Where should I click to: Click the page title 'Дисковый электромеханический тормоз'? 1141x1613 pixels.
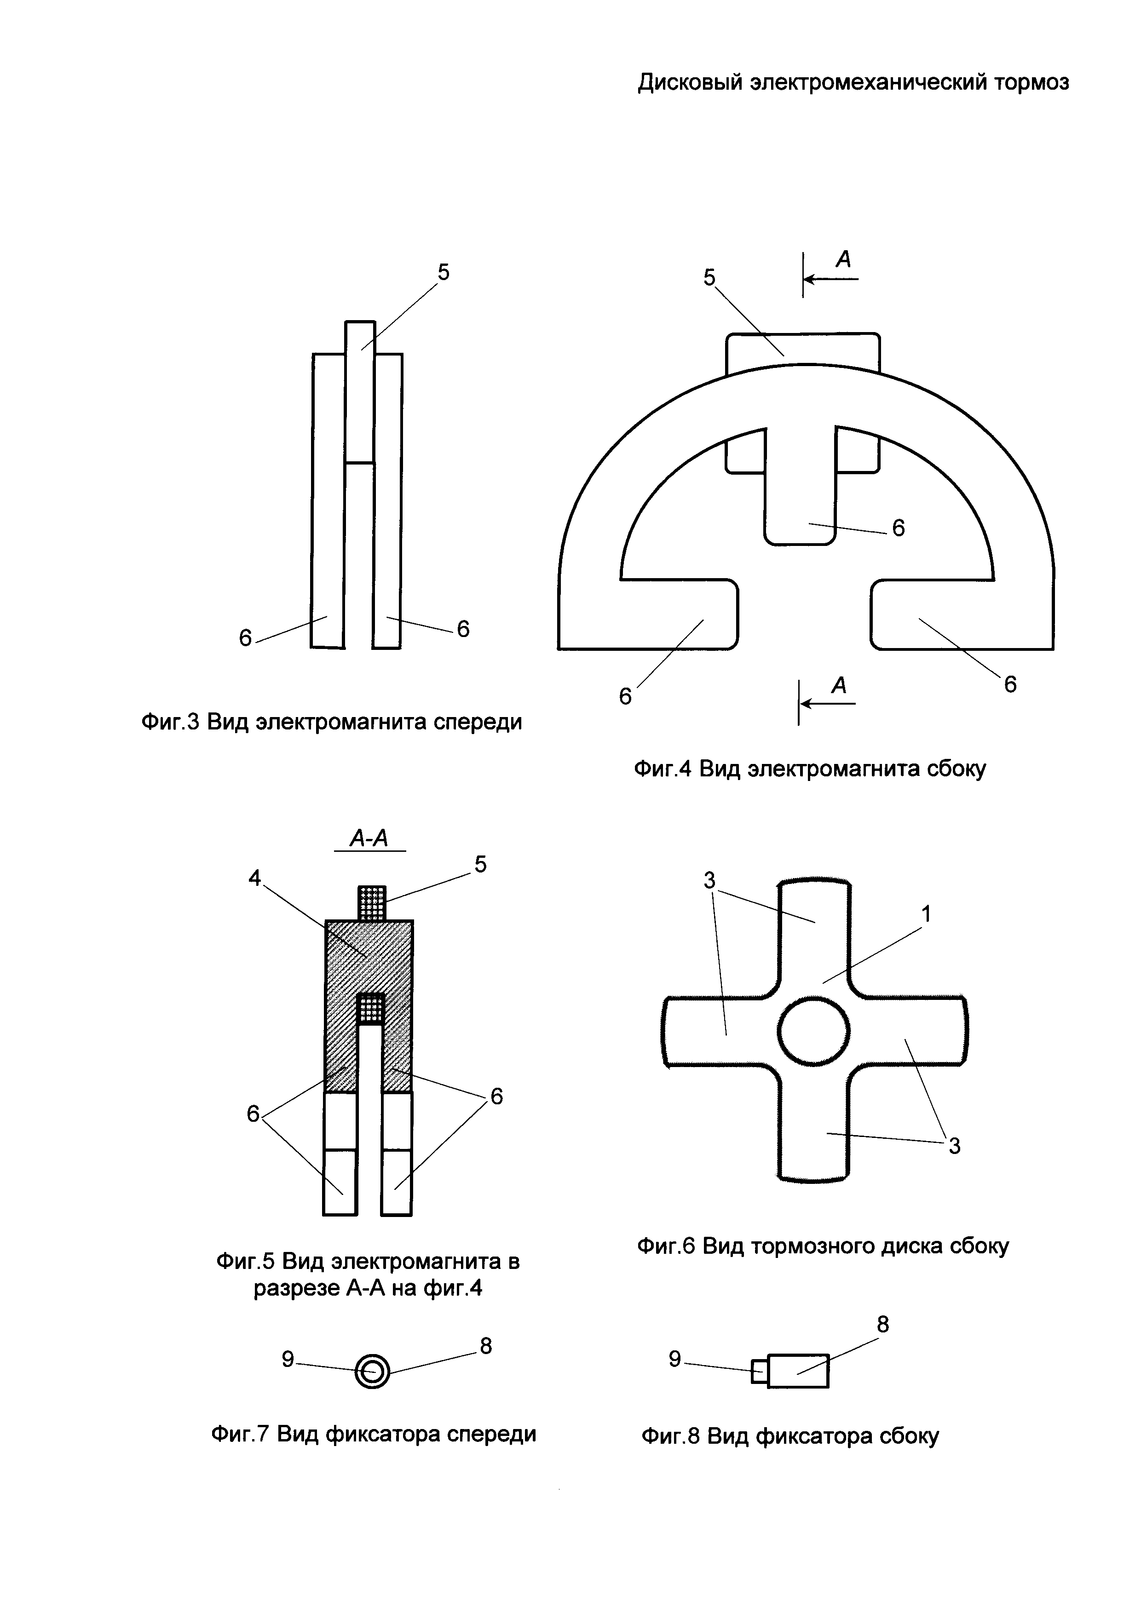(853, 83)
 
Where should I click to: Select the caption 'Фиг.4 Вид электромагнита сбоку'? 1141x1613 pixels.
(809, 769)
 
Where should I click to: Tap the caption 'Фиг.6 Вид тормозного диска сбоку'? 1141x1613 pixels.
(823, 1246)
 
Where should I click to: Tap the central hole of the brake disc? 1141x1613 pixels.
(813, 1032)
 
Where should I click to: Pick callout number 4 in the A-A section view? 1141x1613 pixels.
(254, 878)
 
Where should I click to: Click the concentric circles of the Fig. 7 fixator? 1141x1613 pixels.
(372, 1371)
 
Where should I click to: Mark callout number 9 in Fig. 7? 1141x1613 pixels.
(288, 1360)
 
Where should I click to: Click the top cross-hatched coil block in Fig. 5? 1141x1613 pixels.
(372, 903)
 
